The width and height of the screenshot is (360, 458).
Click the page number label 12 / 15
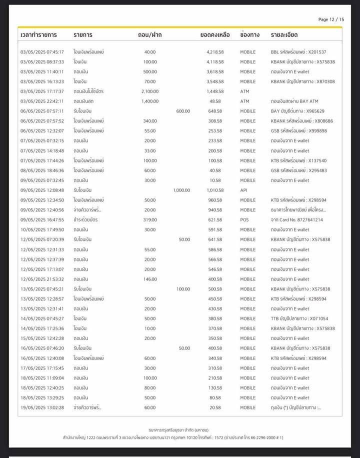point(331,19)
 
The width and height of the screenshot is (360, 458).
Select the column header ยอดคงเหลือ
point(214,35)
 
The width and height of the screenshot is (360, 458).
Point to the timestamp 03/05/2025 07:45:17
point(42,52)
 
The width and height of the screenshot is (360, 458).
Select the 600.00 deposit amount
point(183,111)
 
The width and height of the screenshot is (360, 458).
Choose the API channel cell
point(244,190)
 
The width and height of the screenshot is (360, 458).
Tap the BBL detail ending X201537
point(298,52)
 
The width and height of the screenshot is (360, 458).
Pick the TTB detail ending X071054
point(299,318)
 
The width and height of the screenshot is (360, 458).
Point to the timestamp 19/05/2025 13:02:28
point(42,407)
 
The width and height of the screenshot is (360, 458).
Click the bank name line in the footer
point(180,429)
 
